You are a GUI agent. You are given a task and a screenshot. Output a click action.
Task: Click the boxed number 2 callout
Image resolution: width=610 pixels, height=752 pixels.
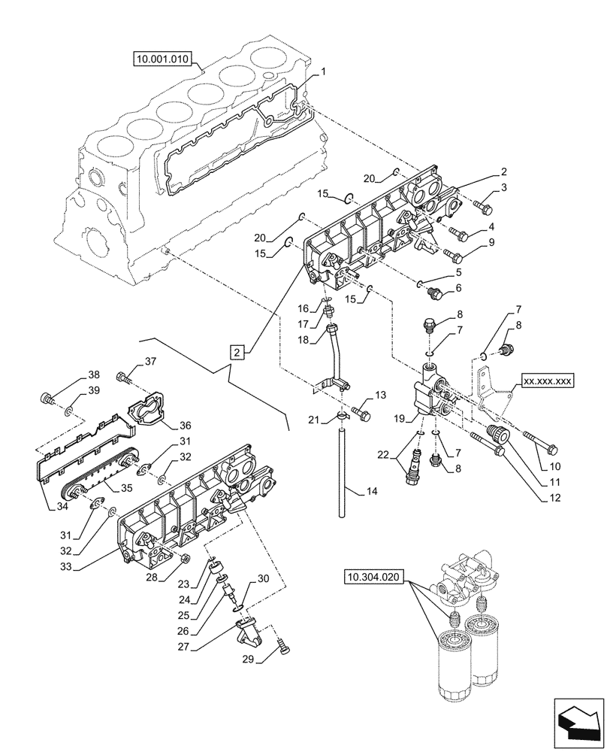point(237,351)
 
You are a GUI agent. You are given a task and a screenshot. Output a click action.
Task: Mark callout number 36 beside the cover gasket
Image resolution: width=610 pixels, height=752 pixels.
point(184,425)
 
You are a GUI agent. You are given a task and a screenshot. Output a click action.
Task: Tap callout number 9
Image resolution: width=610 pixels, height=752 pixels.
point(491,242)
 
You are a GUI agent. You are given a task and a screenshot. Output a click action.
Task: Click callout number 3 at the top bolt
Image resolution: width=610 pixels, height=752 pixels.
point(504,188)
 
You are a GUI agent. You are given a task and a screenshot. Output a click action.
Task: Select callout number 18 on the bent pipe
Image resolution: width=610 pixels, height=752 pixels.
point(305,340)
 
